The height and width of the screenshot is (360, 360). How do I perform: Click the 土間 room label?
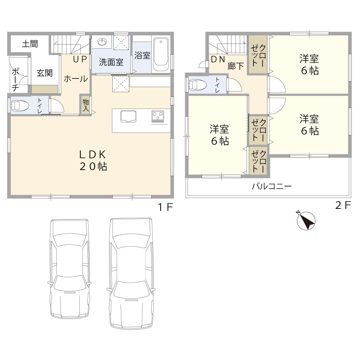point(30,44)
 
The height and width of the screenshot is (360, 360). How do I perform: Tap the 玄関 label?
point(45,73)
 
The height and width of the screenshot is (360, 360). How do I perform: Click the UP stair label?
point(80,59)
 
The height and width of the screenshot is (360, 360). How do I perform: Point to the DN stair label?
point(218,59)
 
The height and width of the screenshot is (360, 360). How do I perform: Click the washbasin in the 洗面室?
point(102,42)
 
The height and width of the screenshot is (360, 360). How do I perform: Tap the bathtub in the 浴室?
point(161,54)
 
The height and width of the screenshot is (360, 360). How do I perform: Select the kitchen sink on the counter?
point(129,117)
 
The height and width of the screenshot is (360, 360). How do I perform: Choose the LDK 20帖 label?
point(93,161)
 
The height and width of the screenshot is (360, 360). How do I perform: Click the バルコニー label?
point(271,186)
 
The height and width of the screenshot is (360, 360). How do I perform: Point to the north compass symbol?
point(306,221)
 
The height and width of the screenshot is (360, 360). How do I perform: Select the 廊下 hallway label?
point(235,66)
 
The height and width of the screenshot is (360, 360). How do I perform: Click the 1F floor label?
point(165,207)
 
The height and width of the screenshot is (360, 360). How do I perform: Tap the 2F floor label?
point(343,205)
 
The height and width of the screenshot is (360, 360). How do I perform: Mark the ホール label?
point(76,79)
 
